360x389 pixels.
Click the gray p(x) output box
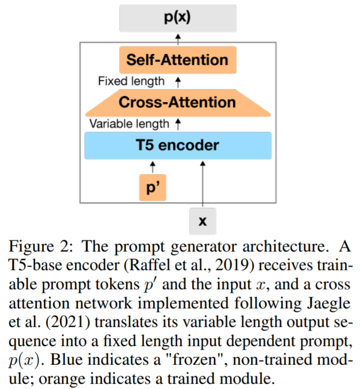pos(178,18)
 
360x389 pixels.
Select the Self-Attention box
pos(178,60)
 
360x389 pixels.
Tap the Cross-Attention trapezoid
pos(178,103)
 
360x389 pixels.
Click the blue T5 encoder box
pos(178,145)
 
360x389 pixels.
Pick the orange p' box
pos(152,187)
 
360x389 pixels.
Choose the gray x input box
pos(203,221)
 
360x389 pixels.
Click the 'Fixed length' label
pos(131,81)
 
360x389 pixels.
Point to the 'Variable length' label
pos(129,124)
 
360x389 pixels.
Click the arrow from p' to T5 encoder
pos(153,167)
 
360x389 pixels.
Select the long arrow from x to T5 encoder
pos(203,184)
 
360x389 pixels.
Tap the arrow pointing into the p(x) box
pos(178,39)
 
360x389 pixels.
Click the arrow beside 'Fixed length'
pos(178,82)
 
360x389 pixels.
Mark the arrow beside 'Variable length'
pos(178,124)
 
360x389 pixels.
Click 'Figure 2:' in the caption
pos(41,246)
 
